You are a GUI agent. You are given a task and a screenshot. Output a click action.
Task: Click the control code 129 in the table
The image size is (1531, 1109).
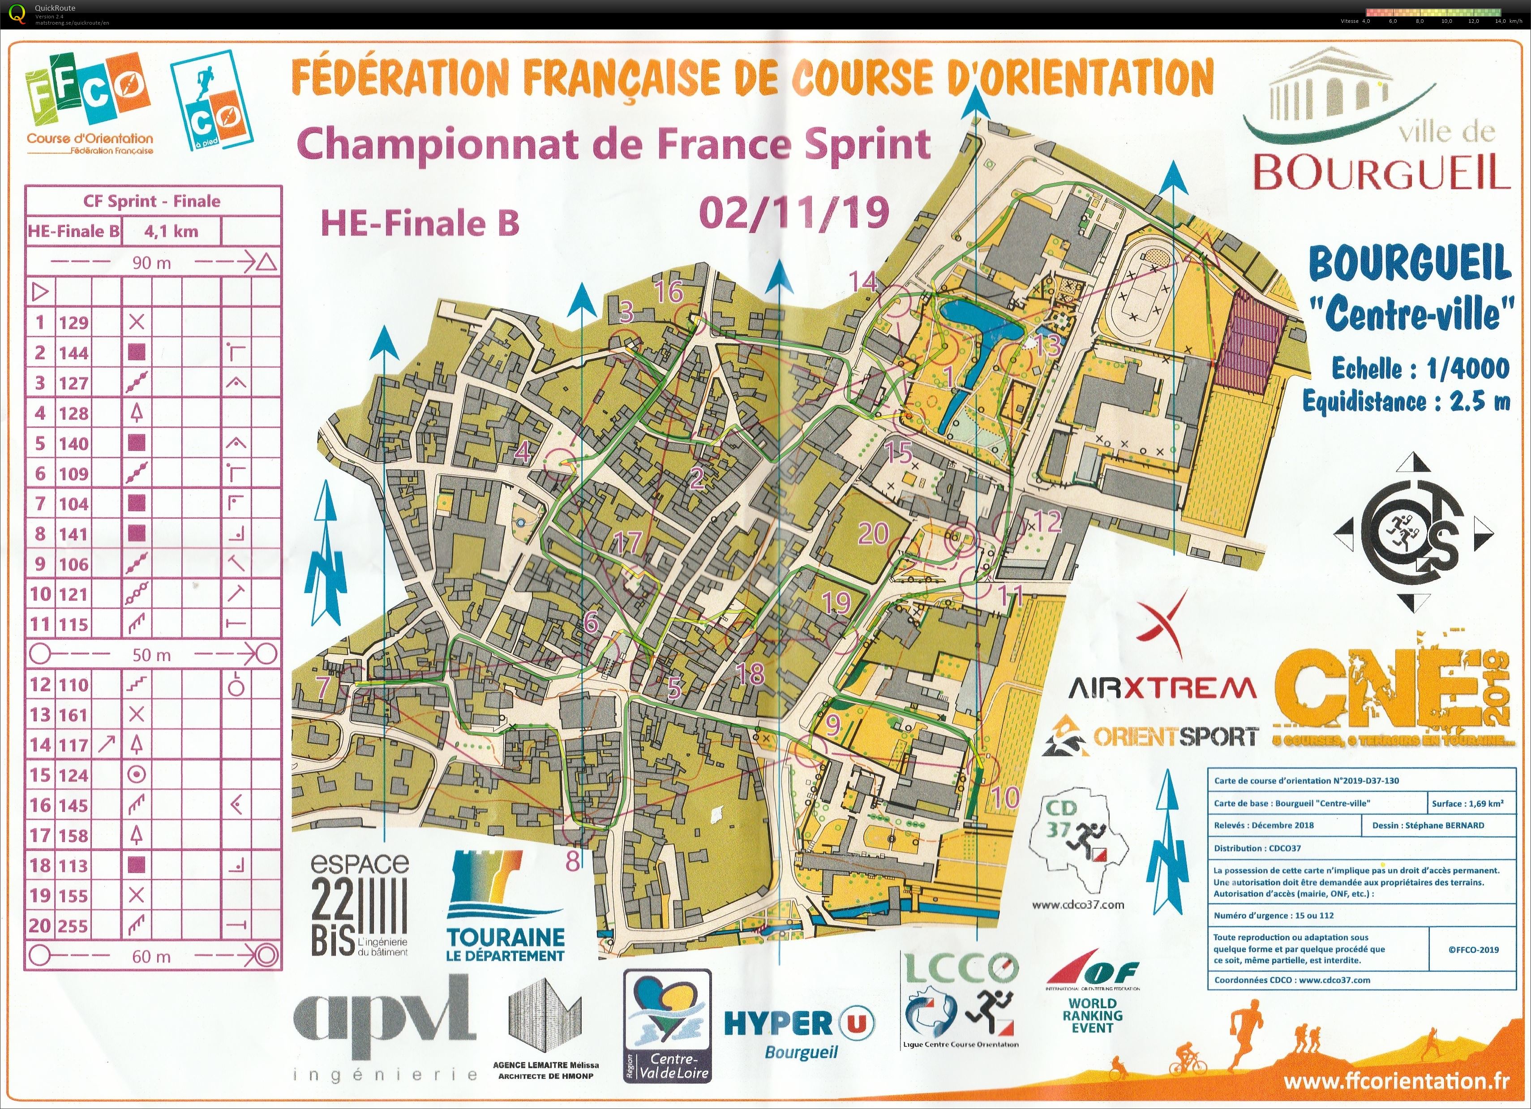click(73, 322)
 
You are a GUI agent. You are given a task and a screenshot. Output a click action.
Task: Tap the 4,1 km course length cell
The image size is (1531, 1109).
click(172, 232)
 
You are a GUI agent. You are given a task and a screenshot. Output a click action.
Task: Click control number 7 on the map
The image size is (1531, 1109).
click(323, 687)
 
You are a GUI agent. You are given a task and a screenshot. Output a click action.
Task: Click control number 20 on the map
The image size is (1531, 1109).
click(873, 533)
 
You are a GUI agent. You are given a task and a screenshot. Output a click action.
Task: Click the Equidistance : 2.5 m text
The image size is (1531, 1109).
click(1406, 402)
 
